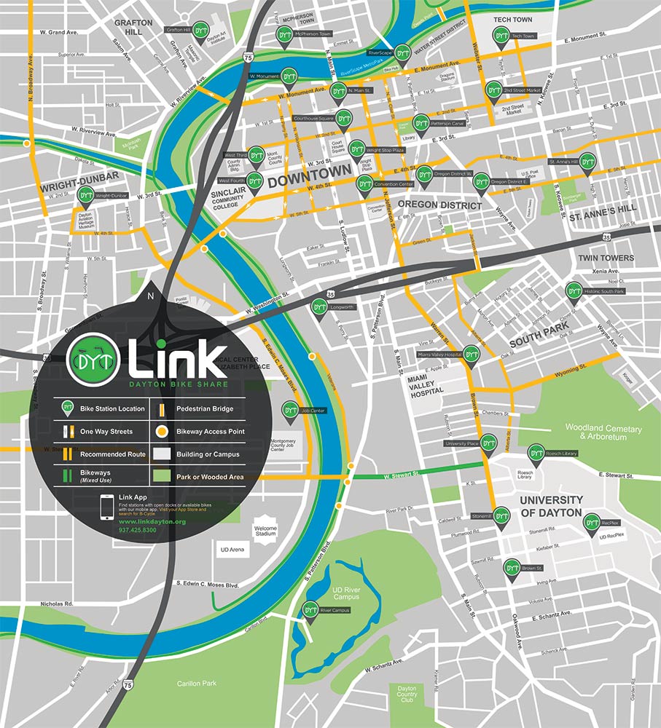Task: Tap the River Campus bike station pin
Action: (310, 610)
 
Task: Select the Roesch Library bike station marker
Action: (536, 454)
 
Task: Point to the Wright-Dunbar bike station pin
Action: (86, 196)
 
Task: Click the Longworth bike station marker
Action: (318, 307)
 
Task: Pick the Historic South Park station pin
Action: (574, 291)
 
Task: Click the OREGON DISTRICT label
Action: (440, 205)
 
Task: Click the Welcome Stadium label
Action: (267, 531)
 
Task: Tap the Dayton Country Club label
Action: (406, 693)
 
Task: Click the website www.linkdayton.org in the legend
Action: (152, 521)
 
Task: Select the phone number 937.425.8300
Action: (137, 529)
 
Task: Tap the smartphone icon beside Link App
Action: (107, 507)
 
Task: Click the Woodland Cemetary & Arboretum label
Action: (603, 432)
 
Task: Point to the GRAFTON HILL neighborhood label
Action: (133, 28)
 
